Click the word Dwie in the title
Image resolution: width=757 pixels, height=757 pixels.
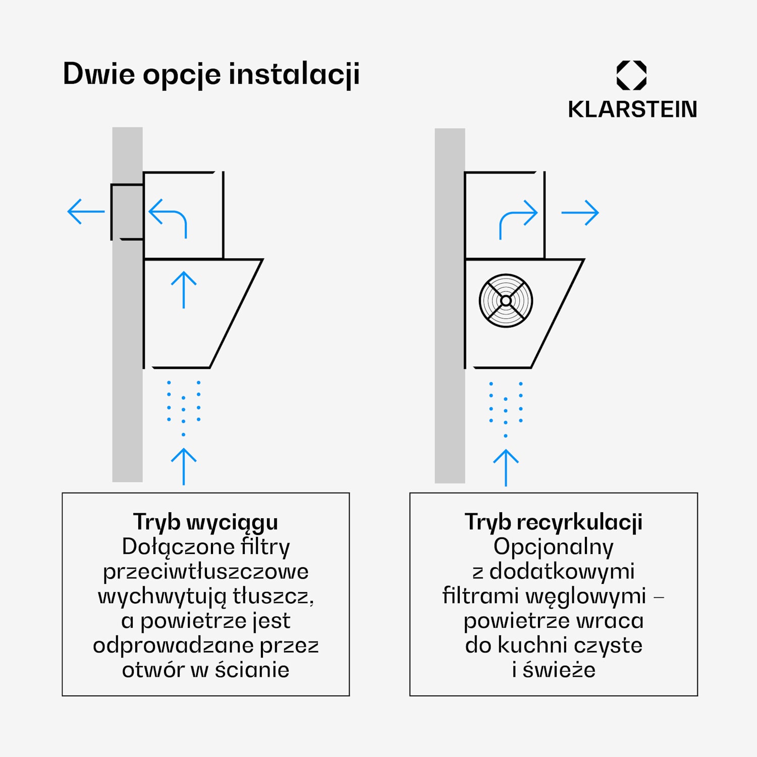coord(99,74)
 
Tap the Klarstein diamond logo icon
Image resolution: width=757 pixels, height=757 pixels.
coord(631,76)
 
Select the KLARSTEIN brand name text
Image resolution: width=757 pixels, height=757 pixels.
coord(632,110)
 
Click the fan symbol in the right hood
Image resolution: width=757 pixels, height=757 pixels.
coord(506,301)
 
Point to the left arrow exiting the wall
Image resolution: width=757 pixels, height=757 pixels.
coord(86,211)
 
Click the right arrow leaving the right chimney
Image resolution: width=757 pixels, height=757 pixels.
coord(580,212)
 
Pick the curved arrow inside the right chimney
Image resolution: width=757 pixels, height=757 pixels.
coord(518,219)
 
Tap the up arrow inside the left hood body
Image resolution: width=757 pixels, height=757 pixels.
coord(184,290)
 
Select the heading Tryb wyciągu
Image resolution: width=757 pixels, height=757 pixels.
coord(205,522)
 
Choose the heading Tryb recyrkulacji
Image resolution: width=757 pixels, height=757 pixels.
coord(554,522)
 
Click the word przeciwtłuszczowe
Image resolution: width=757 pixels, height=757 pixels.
coord(205,571)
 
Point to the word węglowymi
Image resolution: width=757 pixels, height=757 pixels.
coord(585,596)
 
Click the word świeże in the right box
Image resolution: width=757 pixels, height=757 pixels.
coord(559,670)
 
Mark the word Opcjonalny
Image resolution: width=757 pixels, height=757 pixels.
coord(554,547)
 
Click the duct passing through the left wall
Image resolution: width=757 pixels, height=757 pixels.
coord(127,211)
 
